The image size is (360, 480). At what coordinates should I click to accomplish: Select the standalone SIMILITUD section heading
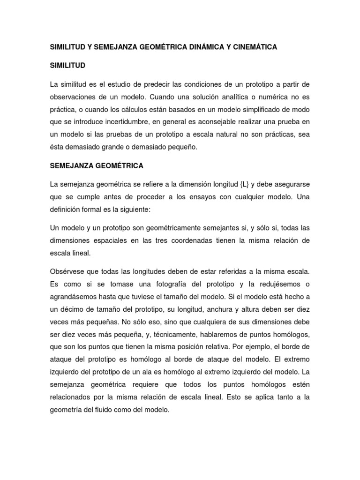coord(68,66)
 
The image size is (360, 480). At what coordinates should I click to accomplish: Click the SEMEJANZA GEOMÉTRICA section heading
coord(97,165)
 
